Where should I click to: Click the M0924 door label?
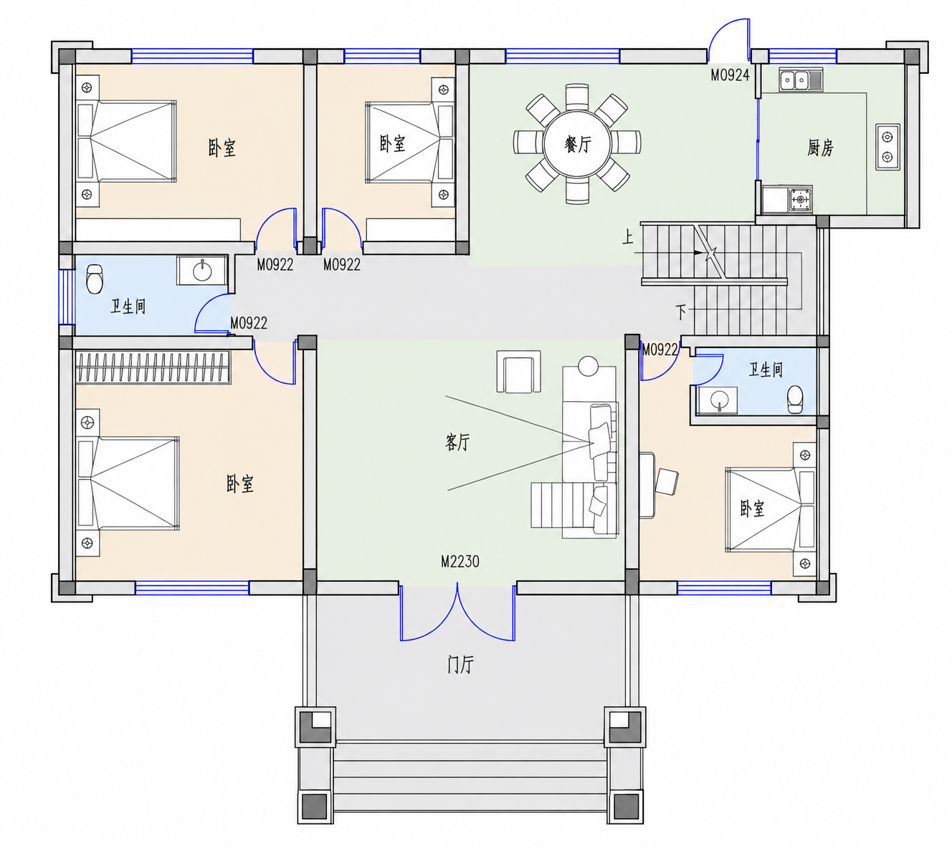[730, 75]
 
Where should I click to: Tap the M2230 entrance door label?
[460, 562]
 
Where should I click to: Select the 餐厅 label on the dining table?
[578, 144]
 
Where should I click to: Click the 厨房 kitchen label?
[820, 148]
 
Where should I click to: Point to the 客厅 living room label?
[457, 442]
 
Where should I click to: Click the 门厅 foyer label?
[460, 665]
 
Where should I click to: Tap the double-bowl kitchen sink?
[801, 79]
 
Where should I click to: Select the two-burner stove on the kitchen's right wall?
[887, 147]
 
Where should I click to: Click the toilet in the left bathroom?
[95, 279]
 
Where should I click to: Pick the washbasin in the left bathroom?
[203, 271]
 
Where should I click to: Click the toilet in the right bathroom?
[796, 400]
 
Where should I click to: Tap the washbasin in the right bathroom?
[718, 400]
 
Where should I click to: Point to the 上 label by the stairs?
[628, 237]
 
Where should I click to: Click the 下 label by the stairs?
[681, 312]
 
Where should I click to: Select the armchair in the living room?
[518, 372]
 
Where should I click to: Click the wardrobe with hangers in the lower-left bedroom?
[153, 367]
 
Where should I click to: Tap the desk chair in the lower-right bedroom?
[667, 481]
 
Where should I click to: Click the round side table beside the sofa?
[588, 366]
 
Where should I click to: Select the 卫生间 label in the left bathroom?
[128, 307]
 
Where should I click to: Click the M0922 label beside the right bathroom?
[660, 350]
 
